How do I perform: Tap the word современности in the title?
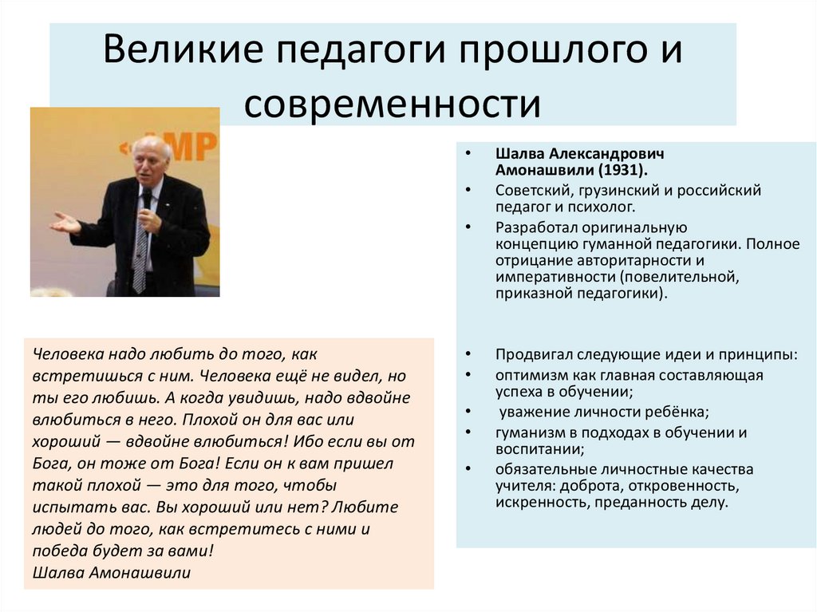pos(393,102)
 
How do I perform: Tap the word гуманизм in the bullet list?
pos(528,432)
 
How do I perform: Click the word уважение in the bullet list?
pos(532,413)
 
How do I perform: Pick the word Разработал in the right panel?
pos(534,227)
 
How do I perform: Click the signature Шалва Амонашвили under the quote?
pos(112,572)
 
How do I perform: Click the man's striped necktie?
pos(140,247)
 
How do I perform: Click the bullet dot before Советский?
pos(471,191)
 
